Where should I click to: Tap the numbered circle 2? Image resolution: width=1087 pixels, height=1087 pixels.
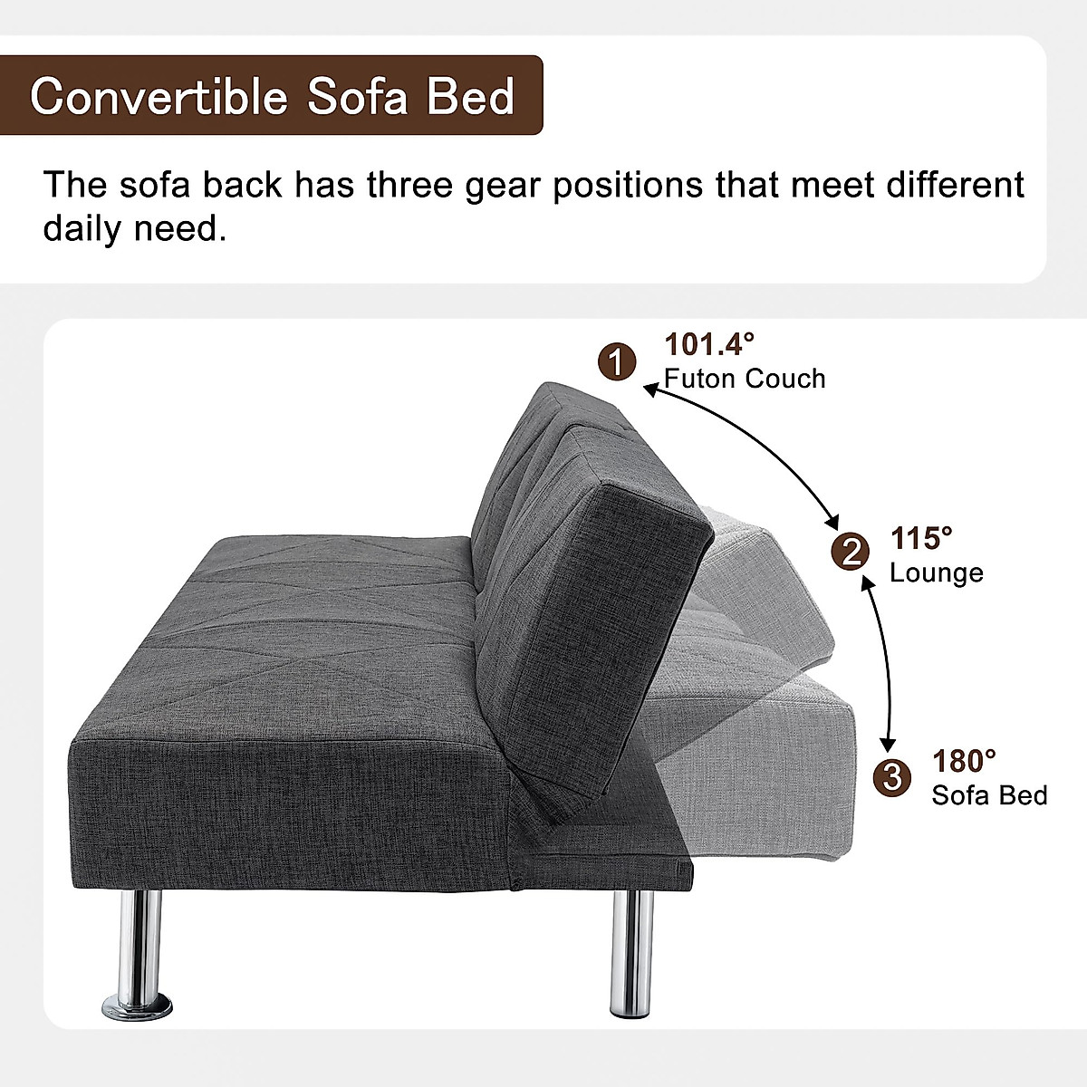tap(851, 551)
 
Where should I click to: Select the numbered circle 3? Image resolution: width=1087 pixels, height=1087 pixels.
tap(892, 776)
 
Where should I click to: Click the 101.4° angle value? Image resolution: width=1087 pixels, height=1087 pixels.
tap(709, 344)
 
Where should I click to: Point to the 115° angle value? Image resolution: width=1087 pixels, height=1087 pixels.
tap(921, 538)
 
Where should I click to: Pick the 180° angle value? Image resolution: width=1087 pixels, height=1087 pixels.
tap(965, 760)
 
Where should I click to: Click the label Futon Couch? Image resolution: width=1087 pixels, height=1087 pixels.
tap(745, 378)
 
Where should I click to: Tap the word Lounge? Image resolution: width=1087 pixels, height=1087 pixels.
tap(936, 572)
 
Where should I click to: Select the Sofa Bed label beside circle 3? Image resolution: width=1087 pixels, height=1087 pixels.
tap(989, 795)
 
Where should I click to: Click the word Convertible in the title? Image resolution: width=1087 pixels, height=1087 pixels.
tap(159, 96)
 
